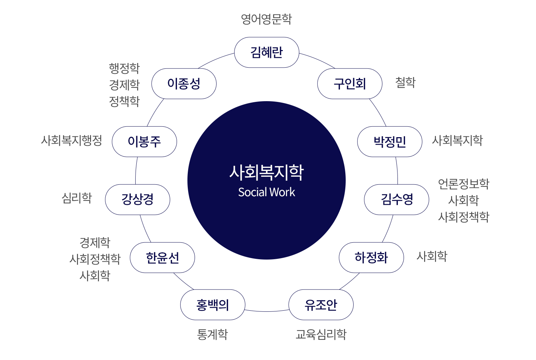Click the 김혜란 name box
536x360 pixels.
pyautogui.click(x=267, y=53)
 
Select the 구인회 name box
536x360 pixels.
pyautogui.click(x=350, y=84)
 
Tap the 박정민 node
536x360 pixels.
pyautogui.click(x=390, y=142)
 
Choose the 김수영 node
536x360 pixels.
pyautogui.click(x=396, y=200)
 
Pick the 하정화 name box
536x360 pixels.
pyautogui.click(x=371, y=258)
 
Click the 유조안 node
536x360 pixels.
pyautogui.click(x=321, y=305)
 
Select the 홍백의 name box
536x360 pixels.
pyautogui.click(x=213, y=305)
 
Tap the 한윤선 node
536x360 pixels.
pyautogui.click(x=162, y=258)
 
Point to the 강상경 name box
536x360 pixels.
pyautogui.click(x=137, y=200)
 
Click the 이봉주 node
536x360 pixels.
pyautogui.click(x=144, y=142)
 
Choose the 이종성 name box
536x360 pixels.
pyautogui.click(x=184, y=84)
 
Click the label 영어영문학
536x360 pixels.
pyautogui.click(x=266, y=19)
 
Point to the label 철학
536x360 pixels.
pyautogui.click(x=405, y=82)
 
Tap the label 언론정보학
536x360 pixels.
pyautogui.click(x=463, y=184)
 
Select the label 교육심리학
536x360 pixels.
pyautogui.click(x=321, y=334)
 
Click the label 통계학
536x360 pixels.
pyautogui.click(x=213, y=334)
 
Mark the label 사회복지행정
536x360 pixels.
pyautogui.click(x=72, y=140)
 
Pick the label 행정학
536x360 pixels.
pyautogui.click(x=124, y=68)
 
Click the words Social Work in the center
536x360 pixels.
pyautogui.click(x=267, y=192)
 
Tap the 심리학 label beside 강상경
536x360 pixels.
pyautogui.click(x=77, y=198)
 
